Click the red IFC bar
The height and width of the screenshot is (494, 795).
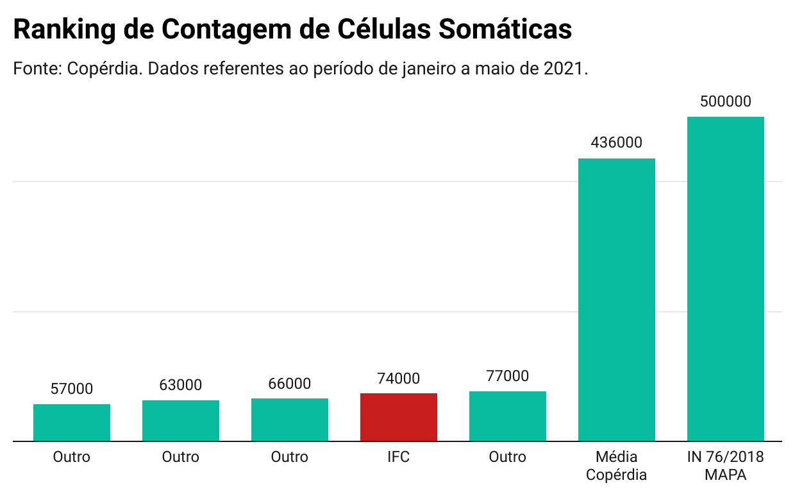pos(398,417)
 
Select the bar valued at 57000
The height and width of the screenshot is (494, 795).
pos(71,423)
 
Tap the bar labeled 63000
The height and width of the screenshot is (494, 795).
pos(180,421)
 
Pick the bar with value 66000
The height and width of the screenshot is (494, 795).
pos(289,420)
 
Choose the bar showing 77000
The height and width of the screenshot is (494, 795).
pos(507,416)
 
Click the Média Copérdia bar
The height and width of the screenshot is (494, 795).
pos(616,300)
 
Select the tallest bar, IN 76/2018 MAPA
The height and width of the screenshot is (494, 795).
pos(725,279)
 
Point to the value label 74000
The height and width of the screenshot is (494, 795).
pos(398,379)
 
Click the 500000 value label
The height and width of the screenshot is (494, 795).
pos(725,101)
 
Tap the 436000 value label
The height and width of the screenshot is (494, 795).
pos(616,142)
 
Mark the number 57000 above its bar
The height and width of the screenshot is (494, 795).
pos(71,389)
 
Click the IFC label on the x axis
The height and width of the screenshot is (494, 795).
pos(398,457)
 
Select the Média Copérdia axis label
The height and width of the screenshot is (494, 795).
pos(616,466)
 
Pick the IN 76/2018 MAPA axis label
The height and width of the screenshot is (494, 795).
pos(725,466)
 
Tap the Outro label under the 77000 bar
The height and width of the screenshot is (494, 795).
pos(507,457)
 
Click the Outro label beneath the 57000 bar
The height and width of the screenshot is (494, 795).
pos(71,457)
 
